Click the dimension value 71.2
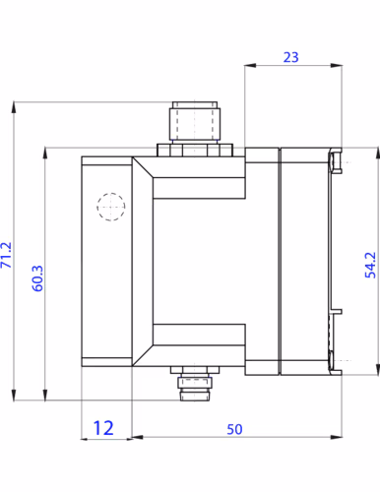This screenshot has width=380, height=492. pyautogui.click(x=7, y=255)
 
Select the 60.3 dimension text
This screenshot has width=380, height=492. pyautogui.click(x=37, y=278)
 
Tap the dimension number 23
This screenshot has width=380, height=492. pyautogui.click(x=291, y=57)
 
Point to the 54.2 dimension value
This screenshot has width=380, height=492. pyautogui.click(x=370, y=265)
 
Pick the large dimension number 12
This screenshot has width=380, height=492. pyautogui.click(x=103, y=428)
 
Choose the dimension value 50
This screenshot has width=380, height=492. pyautogui.click(x=234, y=429)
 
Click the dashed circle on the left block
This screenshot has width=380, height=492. pyautogui.click(x=111, y=207)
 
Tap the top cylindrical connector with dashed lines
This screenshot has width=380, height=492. pyautogui.click(x=195, y=121)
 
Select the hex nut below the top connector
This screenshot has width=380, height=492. pyautogui.click(x=195, y=150)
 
